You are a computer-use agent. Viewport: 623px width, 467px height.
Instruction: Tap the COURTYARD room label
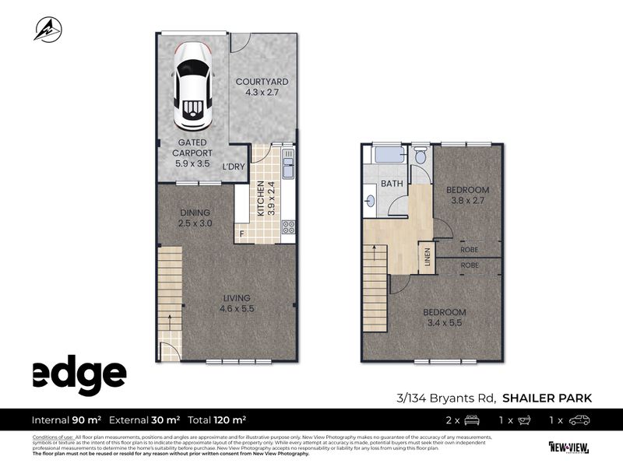click(262, 86)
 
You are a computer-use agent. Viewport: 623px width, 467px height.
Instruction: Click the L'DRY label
click(233, 168)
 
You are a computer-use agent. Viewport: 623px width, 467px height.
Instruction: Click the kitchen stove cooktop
click(288, 228)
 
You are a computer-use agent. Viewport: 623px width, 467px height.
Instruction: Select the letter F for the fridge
click(242, 233)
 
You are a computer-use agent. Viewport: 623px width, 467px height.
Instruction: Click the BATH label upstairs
click(392, 184)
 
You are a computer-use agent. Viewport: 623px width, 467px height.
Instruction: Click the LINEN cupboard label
click(428, 257)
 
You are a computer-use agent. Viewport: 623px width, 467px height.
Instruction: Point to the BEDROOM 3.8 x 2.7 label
click(467, 195)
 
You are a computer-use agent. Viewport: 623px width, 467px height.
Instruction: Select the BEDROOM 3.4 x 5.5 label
click(445, 318)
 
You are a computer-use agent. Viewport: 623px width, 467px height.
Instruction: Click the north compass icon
click(48, 30)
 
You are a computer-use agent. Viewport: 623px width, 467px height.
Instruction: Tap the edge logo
click(79, 377)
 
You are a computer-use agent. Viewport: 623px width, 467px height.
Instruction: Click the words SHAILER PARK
click(547, 399)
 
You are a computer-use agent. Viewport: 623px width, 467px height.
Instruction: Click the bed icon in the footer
click(471, 420)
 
